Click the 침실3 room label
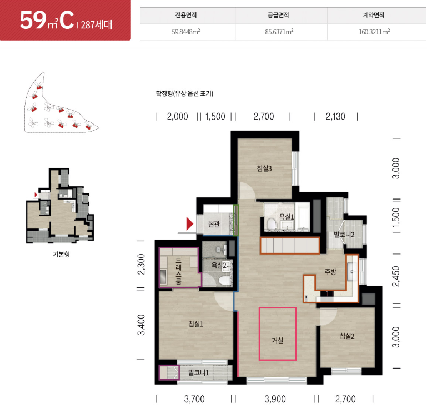tap(264, 168)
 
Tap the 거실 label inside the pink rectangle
tap(277, 340)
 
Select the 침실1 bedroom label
tap(196, 324)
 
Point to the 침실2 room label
tap(347, 336)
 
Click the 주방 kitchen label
tap(330, 271)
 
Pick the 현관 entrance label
tap(214, 224)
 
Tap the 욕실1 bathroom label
tap(287, 217)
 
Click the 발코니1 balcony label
tap(199, 372)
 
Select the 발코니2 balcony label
tap(344, 235)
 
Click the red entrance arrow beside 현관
tap(189, 224)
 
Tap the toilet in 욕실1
tap(272, 224)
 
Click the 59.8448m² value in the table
tap(186, 32)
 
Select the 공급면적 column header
tap(278, 15)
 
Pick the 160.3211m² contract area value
tap(374, 32)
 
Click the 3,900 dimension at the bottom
tap(275, 399)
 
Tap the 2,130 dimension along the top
tap(335, 116)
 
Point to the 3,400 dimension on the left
tap(141, 325)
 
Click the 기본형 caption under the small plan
tap(61, 254)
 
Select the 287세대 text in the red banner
tap(97, 24)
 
